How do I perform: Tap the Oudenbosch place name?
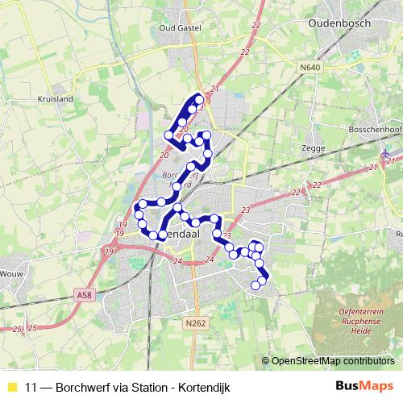click(339, 23)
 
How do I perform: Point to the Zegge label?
click(311, 148)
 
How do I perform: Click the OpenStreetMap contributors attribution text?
click(332, 362)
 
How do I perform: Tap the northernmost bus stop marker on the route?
click(199, 99)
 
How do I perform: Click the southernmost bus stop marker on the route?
click(256, 285)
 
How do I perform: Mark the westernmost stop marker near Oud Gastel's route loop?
click(168, 135)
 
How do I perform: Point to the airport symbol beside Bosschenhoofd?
click(388, 152)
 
